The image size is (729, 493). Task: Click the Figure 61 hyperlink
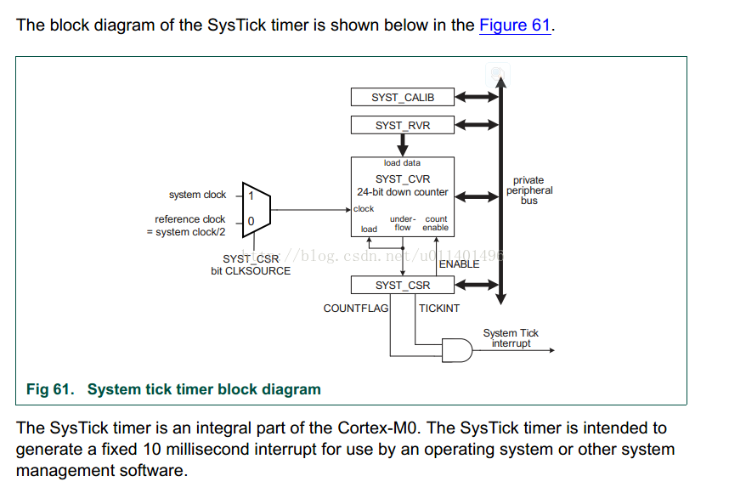(x=516, y=25)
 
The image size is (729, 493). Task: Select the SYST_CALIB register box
(x=402, y=98)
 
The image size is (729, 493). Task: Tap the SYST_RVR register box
(x=402, y=125)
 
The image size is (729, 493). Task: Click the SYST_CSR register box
(x=402, y=286)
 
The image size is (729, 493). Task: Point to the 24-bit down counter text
(x=402, y=192)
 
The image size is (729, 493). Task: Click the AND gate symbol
(x=457, y=348)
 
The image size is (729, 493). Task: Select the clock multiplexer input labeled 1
(x=251, y=195)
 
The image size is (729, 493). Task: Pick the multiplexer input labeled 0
(x=251, y=222)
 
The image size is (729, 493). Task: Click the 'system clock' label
(x=197, y=195)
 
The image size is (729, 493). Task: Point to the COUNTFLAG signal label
(x=355, y=308)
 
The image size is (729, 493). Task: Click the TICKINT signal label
(x=439, y=308)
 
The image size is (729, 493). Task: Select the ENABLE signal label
(x=459, y=264)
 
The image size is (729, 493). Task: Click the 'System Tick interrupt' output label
(x=511, y=338)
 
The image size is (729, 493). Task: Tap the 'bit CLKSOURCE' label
(x=251, y=271)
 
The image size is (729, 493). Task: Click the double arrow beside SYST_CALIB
(x=477, y=98)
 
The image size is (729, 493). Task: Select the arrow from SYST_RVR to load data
(x=403, y=145)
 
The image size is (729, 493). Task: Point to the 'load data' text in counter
(x=402, y=163)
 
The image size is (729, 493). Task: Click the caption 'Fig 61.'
(x=50, y=389)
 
